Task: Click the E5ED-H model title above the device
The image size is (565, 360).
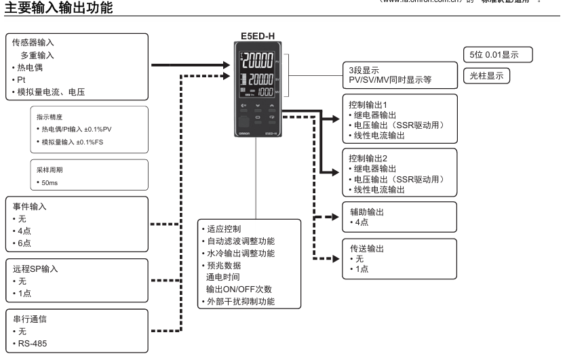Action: (x=258, y=36)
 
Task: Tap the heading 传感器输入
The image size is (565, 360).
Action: (x=33, y=42)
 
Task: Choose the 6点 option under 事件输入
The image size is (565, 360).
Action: (x=24, y=243)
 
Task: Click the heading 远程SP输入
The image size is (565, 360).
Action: (x=35, y=268)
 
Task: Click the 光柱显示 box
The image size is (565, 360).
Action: (x=487, y=76)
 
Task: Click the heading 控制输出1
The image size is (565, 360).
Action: (x=367, y=104)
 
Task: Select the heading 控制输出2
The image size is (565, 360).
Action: (x=367, y=158)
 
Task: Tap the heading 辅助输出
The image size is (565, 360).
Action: (x=366, y=212)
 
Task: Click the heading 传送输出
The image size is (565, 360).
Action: (x=366, y=249)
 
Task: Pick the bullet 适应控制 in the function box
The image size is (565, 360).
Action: (x=223, y=228)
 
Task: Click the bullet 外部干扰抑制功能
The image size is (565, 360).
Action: (x=241, y=301)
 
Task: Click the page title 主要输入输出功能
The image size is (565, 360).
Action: (x=55, y=8)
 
